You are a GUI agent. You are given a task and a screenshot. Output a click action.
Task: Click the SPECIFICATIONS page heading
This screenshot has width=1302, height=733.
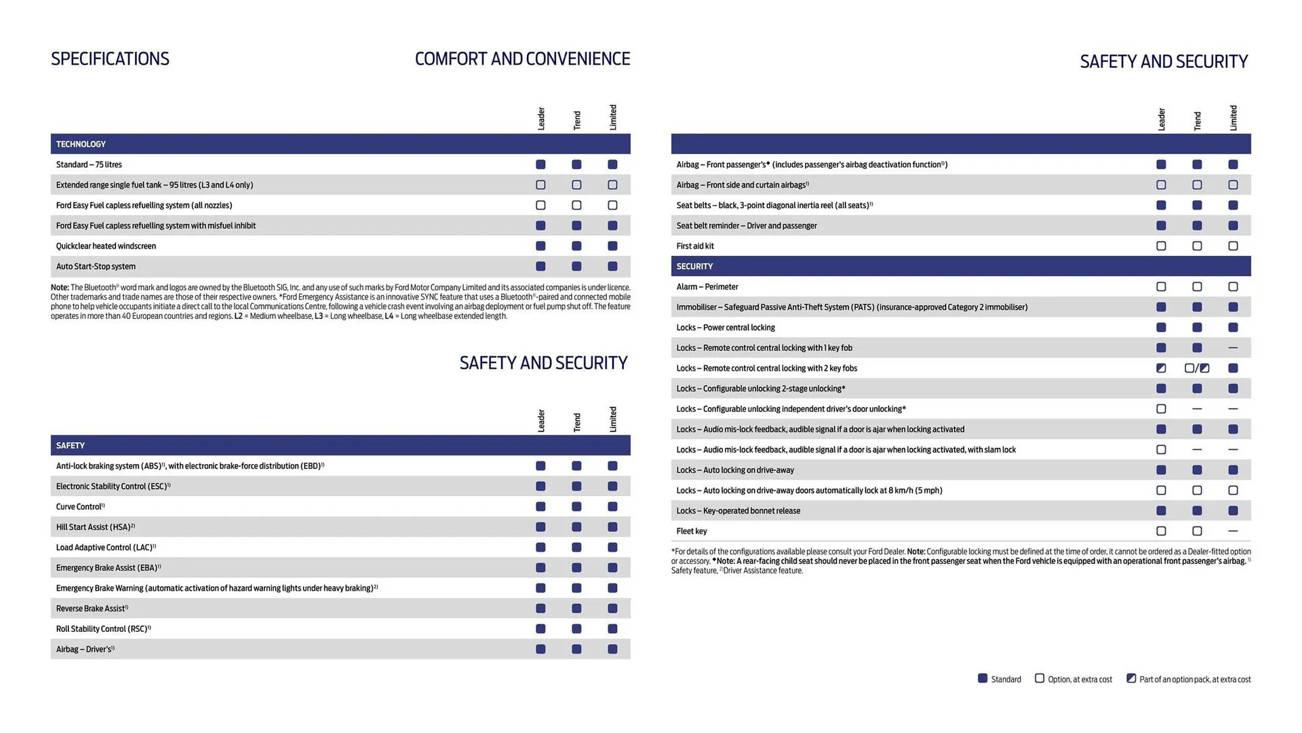point(110,59)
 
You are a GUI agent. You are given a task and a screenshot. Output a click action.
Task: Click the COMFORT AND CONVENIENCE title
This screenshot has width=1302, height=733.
point(522,59)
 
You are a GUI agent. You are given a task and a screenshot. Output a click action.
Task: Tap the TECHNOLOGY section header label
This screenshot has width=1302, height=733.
point(81,144)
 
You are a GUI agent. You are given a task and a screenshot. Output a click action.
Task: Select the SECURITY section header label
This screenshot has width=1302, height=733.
point(694,266)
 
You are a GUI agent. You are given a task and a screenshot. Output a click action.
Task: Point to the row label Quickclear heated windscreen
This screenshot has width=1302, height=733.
point(106,246)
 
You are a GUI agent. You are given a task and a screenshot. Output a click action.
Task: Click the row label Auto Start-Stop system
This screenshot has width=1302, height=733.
point(96,266)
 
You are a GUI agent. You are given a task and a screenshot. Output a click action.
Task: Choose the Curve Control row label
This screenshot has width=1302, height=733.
point(80,506)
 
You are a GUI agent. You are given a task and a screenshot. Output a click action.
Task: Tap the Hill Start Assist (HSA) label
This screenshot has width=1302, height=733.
point(95,527)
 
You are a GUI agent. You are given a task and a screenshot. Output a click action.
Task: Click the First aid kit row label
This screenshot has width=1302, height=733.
point(695,246)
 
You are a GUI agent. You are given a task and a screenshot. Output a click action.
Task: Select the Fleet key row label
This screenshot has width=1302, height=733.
point(692,531)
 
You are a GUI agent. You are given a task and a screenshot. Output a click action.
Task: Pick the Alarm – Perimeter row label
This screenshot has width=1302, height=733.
point(707,286)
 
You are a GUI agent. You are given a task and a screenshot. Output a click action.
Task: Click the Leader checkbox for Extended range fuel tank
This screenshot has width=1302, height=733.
point(540,185)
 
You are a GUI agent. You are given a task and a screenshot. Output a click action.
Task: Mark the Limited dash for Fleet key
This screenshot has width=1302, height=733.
point(1233,531)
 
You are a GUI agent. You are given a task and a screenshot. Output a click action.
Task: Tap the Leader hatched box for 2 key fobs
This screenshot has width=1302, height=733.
point(1161,368)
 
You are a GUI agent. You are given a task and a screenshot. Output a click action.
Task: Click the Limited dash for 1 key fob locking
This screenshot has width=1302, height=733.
point(1233,347)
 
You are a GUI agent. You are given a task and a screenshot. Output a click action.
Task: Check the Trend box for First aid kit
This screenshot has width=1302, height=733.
point(1197,246)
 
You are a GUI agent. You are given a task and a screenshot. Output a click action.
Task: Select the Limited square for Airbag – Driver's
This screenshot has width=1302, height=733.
point(612,649)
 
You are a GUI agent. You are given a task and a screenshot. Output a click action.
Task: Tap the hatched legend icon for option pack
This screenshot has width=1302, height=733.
point(1131,678)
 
